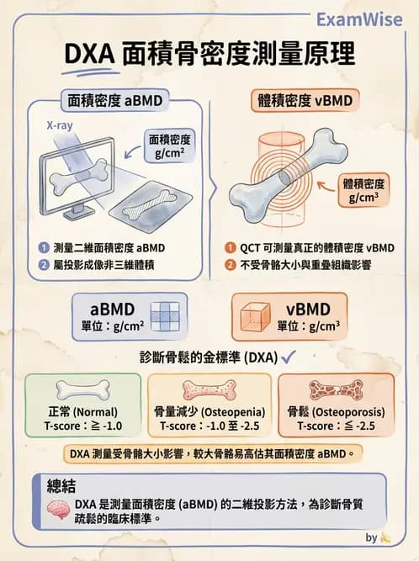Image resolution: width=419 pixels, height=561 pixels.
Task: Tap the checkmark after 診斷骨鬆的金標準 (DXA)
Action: (x=288, y=357)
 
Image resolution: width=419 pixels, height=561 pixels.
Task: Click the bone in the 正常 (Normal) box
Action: (x=82, y=390)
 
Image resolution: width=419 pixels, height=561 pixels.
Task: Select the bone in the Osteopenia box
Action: (x=209, y=390)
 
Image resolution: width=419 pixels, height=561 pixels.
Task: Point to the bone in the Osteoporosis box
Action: (x=336, y=390)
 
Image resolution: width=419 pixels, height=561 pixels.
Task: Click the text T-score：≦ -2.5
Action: (x=336, y=426)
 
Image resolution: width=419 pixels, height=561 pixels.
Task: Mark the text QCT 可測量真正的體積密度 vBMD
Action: (x=317, y=248)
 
